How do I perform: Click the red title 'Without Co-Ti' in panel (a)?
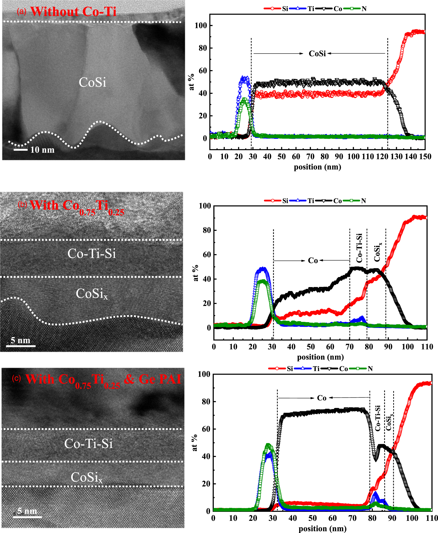pos(73,12)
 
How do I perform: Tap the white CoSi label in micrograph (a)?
pos(92,82)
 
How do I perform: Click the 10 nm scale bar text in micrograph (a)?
pos(42,150)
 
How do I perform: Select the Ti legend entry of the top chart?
pos(310,9)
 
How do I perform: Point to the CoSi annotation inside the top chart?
pos(317,54)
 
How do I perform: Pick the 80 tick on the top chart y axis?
pos(202,48)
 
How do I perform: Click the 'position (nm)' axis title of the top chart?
pos(317,167)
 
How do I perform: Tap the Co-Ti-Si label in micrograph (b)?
pos(91,253)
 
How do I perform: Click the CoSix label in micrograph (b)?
pos(91,294)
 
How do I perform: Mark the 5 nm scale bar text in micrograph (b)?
pos(20,340)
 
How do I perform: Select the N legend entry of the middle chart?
pos(363,201)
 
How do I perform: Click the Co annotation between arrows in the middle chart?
pos(313,260)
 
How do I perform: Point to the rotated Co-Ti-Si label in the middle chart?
pos(359,248)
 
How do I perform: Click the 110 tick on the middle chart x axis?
pos(427,347)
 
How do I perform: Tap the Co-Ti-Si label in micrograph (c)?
pos(88,444)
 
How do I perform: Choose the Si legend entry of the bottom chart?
pos(290,369)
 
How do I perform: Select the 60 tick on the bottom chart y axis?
pos(206,429)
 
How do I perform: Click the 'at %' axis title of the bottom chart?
pos(194,443)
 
